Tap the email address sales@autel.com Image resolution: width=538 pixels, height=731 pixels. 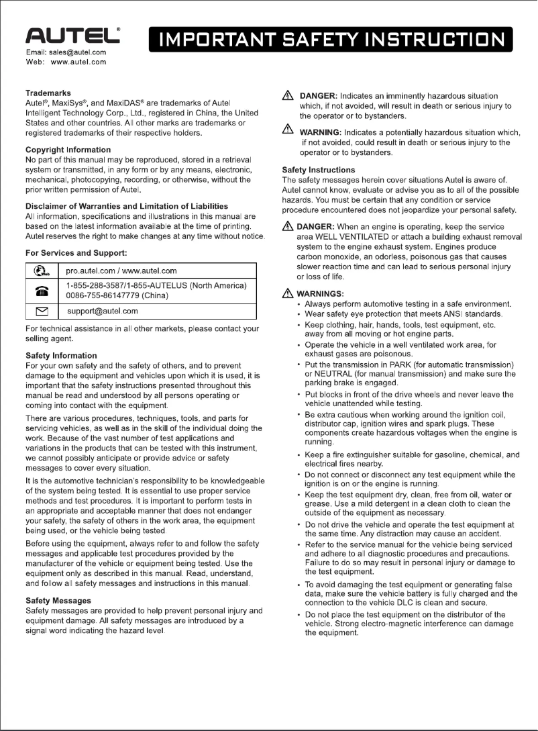click(x=79, y=52)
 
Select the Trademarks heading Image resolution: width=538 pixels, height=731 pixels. click(x=48, y=93)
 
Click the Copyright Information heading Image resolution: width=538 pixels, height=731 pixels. click(x=68, y=150)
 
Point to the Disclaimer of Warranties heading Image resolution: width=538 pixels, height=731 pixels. click(x=126, y=206)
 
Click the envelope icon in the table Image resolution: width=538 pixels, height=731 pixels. click(x=41, y=311)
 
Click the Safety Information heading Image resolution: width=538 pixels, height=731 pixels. click(x=61, y=355)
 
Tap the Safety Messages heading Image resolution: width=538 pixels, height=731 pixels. click(x=58, y=600)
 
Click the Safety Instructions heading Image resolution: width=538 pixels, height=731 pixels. click(x=319, y=170)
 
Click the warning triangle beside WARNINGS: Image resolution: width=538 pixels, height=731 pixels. click(x=288, y=293)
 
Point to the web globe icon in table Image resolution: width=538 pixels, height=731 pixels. click(x=41, y=271)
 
